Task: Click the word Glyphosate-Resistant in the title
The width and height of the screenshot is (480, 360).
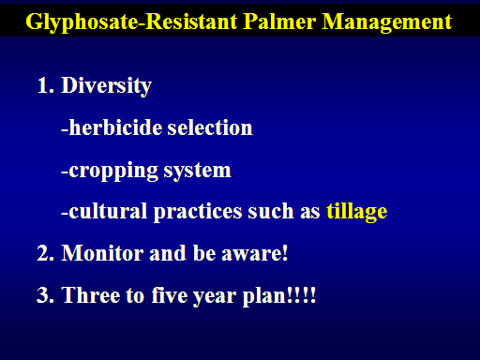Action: pos(131,22)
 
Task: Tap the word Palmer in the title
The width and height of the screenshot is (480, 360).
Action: pos(279,22)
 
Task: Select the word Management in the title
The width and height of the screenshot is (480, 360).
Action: pos(387,22)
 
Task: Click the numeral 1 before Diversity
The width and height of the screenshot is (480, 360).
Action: pos(43,85)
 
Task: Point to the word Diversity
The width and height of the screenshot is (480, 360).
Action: pos(106,86)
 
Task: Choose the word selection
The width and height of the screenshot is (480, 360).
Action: pos(210,127)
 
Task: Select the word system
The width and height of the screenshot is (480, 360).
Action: pos(197,172)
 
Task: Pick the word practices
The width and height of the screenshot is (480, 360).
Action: pos(198,212)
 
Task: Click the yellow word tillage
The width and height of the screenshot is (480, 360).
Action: pos(357,212)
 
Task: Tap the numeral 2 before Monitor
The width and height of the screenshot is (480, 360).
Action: pos(43,252)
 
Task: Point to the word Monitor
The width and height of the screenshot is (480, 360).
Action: pos(102,252)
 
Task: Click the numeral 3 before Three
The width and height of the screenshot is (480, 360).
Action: pos(43,294)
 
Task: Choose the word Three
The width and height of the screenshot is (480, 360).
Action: pos(91,294)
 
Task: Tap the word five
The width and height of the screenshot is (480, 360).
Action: pos(170,294)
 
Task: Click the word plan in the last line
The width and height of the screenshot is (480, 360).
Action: pos(264,295)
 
